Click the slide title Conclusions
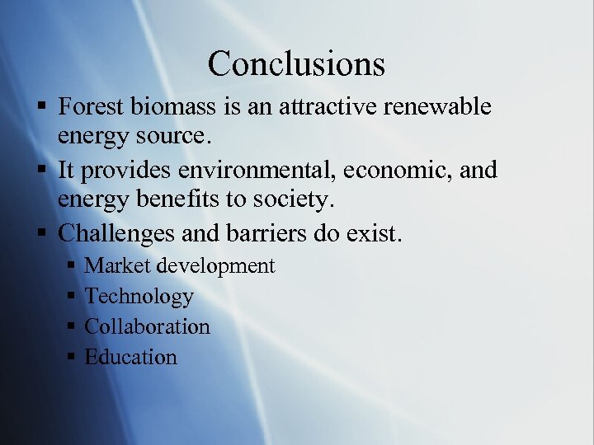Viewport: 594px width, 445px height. point(296,63)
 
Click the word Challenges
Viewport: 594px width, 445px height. point(116,233)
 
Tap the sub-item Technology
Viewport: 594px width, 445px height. point(139,296)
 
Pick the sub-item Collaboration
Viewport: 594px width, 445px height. point(148,326)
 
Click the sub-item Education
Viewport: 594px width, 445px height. point(131,357)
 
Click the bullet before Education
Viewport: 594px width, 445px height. point(71,358)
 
